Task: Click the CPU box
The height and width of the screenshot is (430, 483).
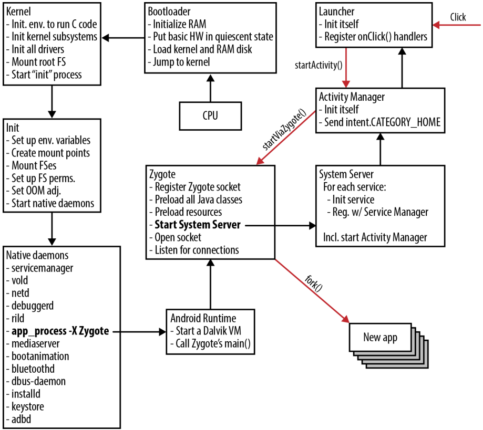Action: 210,116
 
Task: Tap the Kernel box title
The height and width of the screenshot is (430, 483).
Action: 18,11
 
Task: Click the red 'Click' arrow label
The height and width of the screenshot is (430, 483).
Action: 458,17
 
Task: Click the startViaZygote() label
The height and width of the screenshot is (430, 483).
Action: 283,130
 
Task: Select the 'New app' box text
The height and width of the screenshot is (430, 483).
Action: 380,337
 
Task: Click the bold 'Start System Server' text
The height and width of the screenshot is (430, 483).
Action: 197,225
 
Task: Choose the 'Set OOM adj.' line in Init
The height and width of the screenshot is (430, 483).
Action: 38,191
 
